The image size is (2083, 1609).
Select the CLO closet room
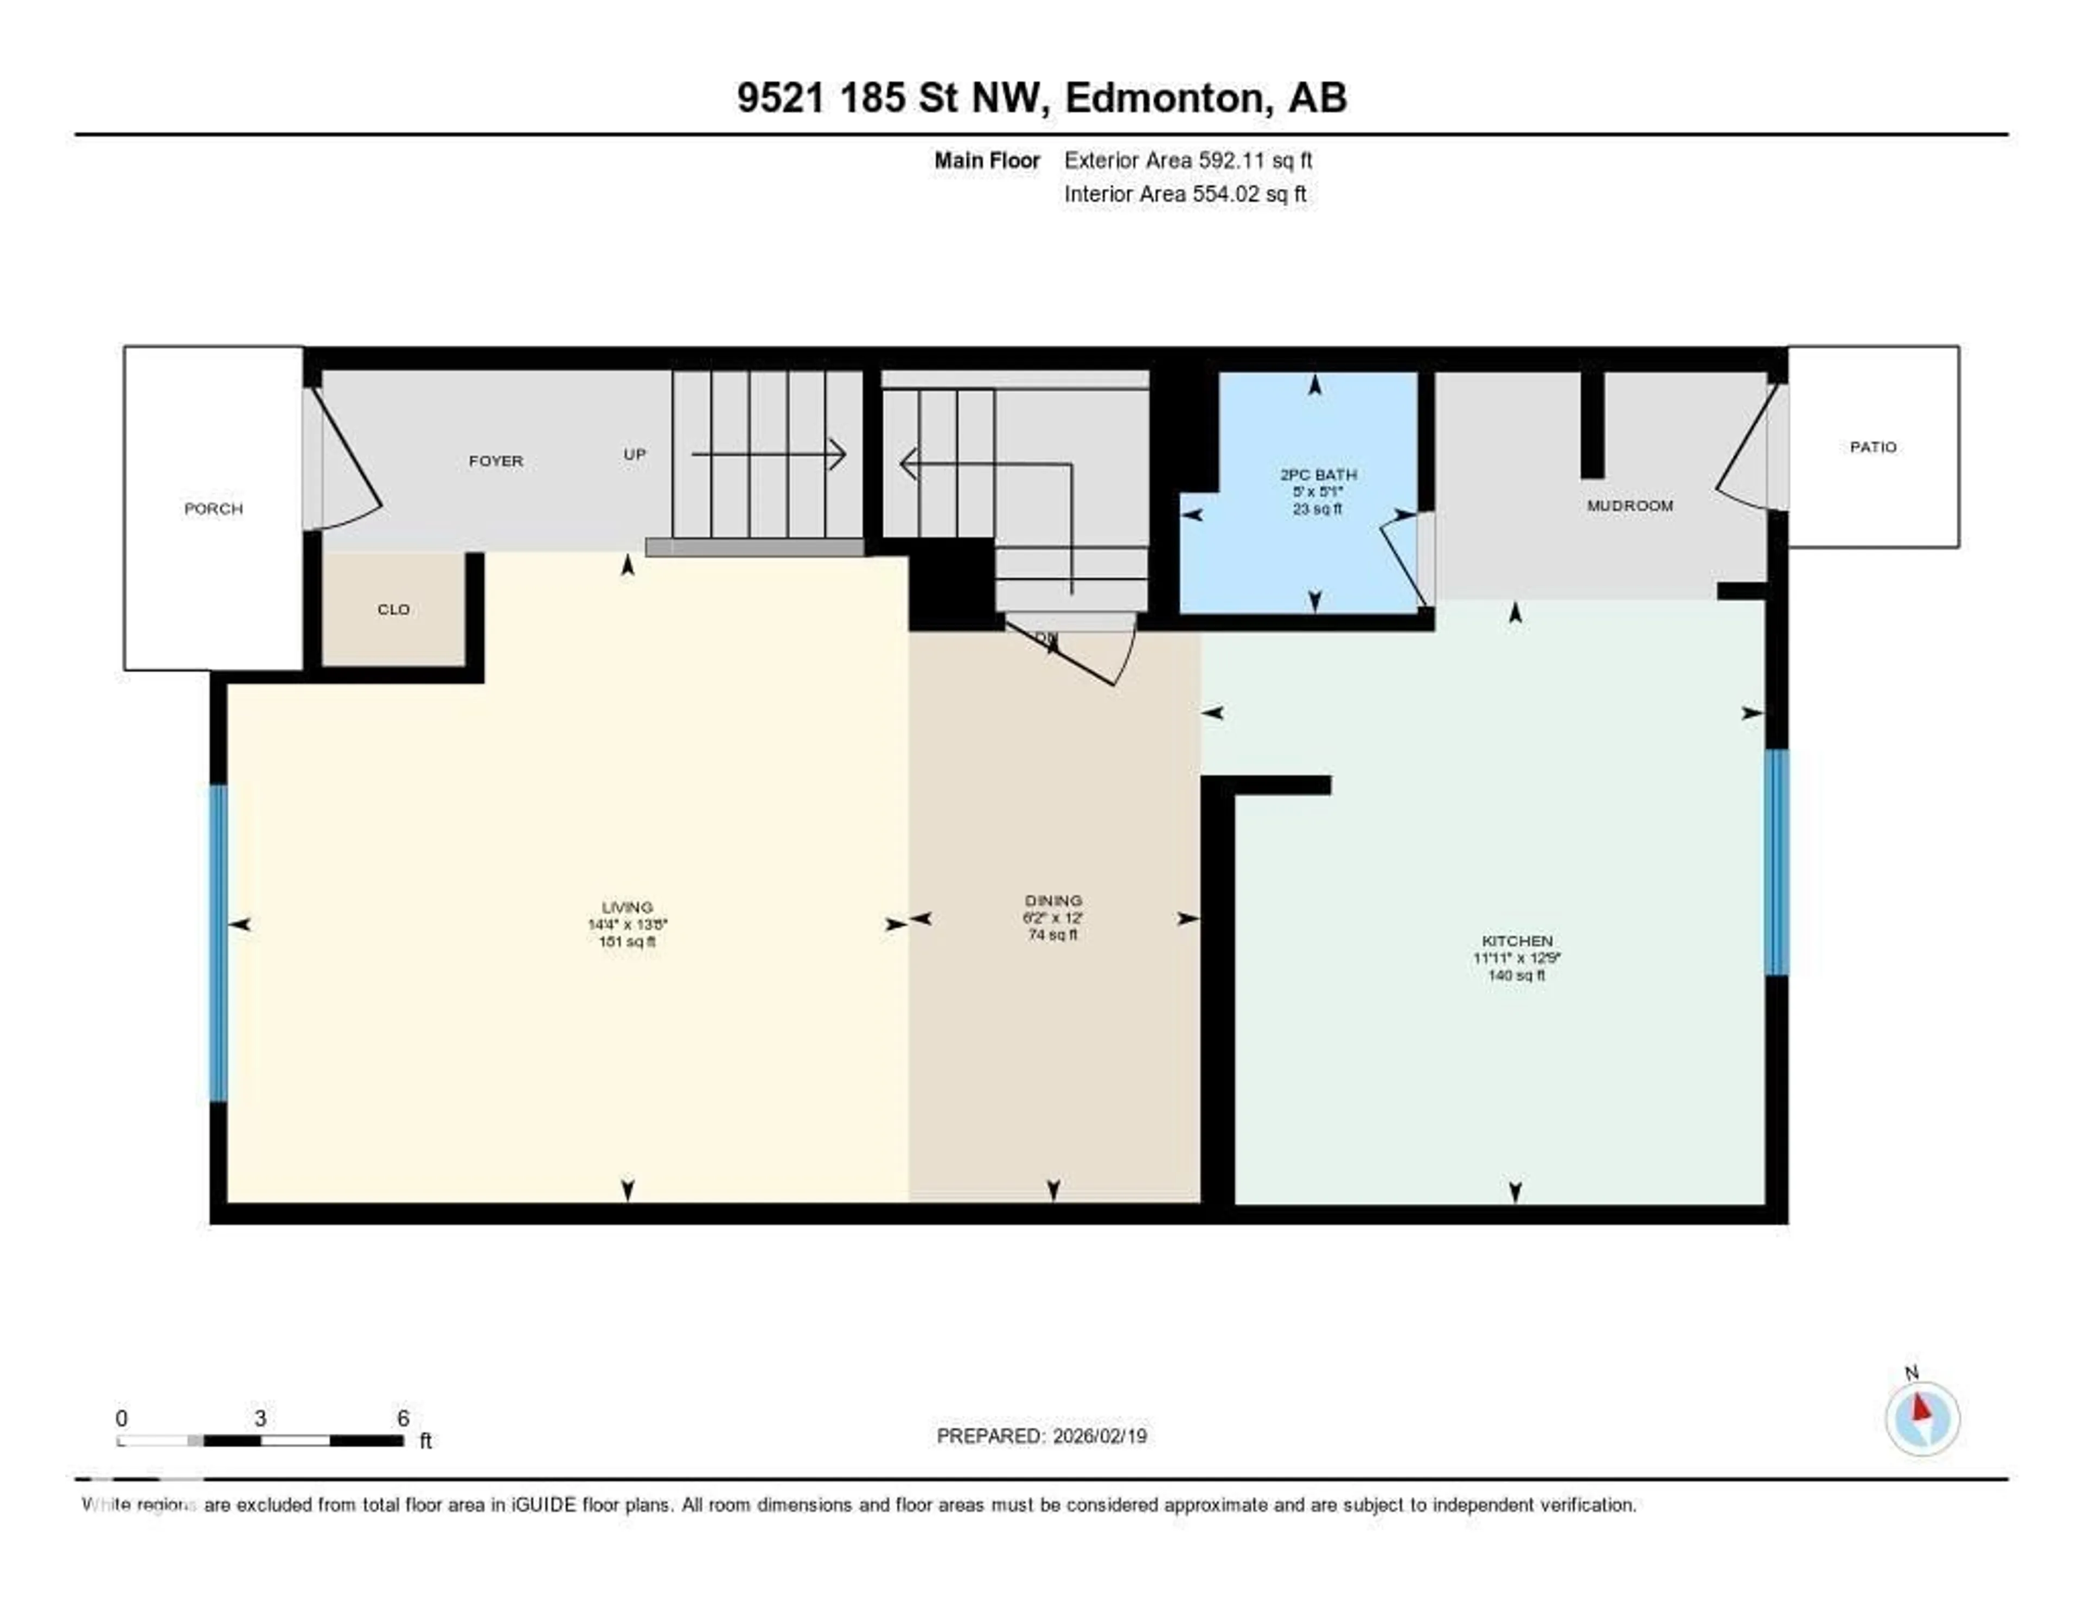point(393,609)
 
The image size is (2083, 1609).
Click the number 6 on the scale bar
point(404,1418)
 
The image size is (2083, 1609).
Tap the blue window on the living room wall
point(219,942)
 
